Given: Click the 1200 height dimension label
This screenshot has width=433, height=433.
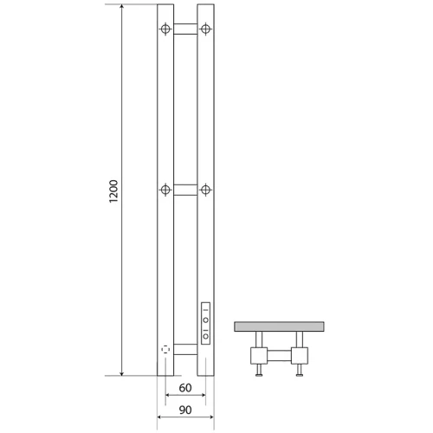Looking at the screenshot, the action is [x=113, y=191].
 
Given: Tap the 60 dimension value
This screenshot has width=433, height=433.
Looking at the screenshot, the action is [x=185, y=388].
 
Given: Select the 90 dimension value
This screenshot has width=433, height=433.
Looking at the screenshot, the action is [x=185, y=410].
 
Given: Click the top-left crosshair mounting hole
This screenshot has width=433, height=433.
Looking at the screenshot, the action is [x=165, y=29].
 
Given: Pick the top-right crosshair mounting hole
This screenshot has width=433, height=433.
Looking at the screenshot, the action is [x=205, y=29].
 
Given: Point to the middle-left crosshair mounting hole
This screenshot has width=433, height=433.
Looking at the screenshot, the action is [x=165, y=190].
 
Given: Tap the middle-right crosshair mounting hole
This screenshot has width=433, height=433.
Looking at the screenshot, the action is [x=205, y=190].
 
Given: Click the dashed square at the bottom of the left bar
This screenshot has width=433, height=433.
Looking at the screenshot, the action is [x=165, y=350].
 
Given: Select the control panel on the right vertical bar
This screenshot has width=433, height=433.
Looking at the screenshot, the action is [x=205, y=323].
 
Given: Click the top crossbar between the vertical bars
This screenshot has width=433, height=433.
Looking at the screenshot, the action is [x=185, y=29].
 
